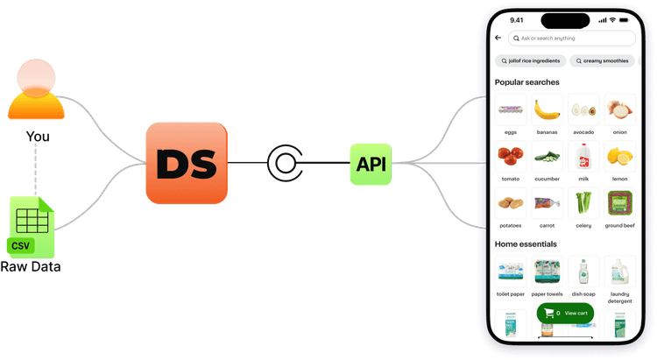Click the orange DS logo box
[x=186, y=163]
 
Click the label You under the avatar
[x=37, y=137]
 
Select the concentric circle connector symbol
[x=283, y=163]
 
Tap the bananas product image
[x=547, y=109]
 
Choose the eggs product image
[x=510, y=109]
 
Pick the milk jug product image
[x=583, y=157]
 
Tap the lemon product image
[x=620, y=157]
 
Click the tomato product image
[x=510, y=157]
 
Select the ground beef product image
[x=620, y=204]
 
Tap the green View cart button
[x=565, y=313]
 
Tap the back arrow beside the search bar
[x=498, y=39]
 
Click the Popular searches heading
[x=526, y=82]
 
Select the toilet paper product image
[x=510, y=272]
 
